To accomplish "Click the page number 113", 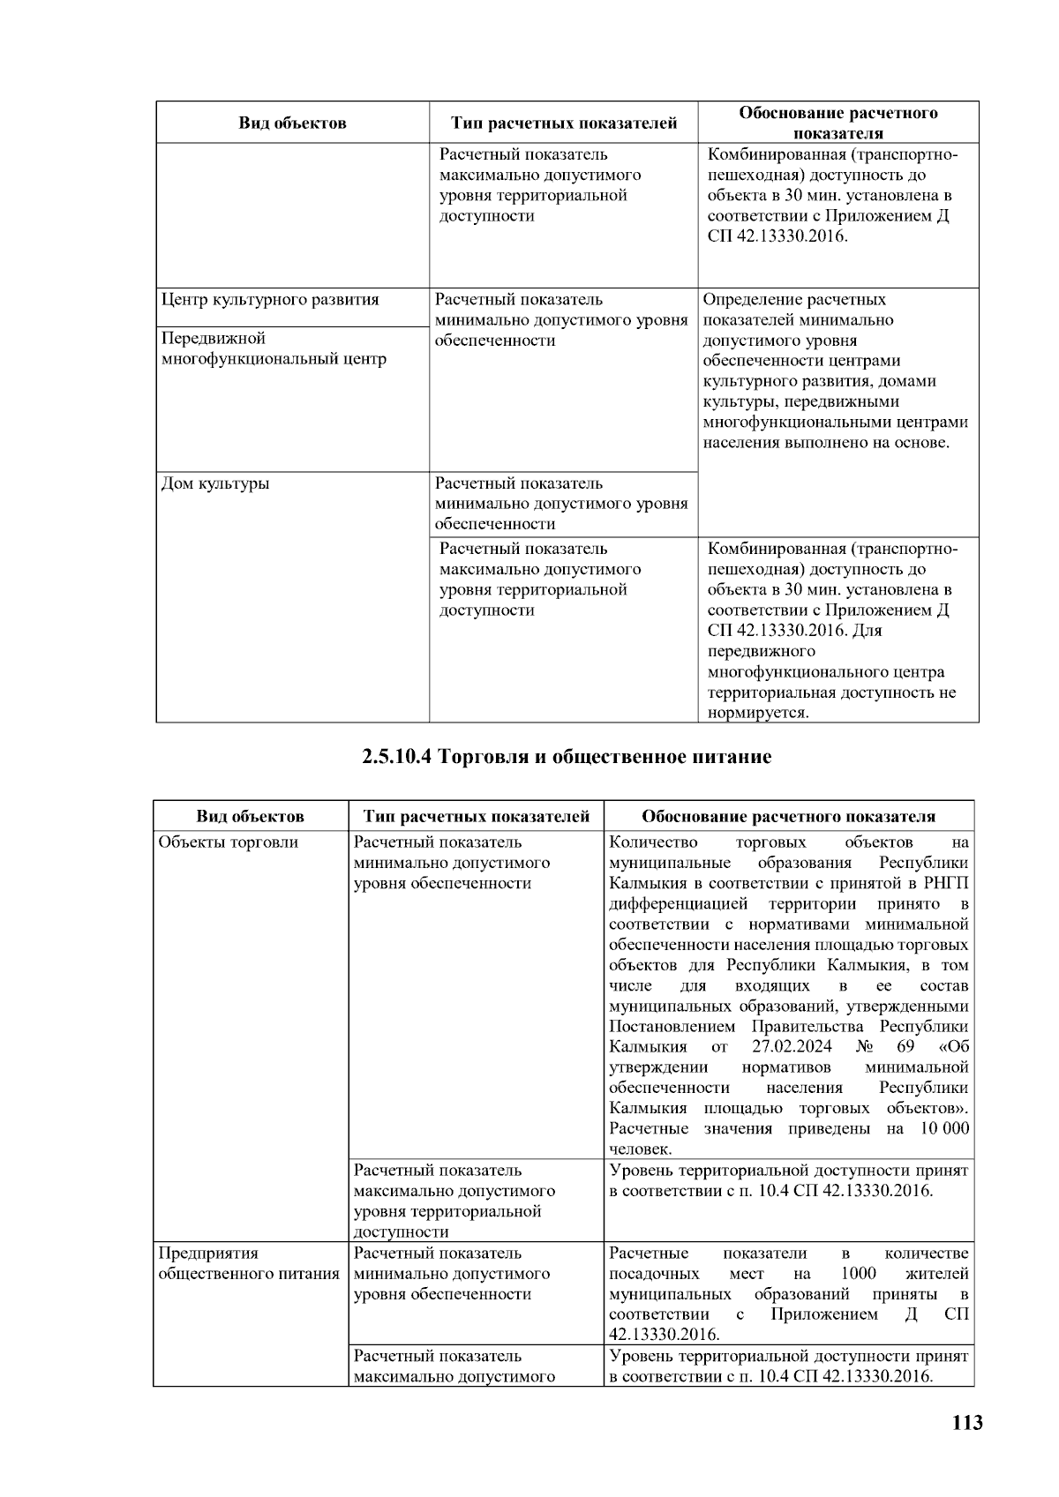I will click(x=967, y=1422).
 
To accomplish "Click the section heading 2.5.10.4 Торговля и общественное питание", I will click(x=567, y=757).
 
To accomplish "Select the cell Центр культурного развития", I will click(x=270, y=300).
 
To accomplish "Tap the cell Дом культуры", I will click(x=215, y=483).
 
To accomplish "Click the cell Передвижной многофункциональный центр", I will click(x=274, y=349).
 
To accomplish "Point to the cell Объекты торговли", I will click(x=228, y=842).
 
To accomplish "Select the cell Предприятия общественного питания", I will click(x=248, y=1263).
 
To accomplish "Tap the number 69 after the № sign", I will click(x=905, y=1047).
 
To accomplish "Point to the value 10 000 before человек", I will click(x=944, y=1129).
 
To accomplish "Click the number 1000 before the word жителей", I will click(x=858, y=1274).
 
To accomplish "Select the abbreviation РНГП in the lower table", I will click(x=945, y=884).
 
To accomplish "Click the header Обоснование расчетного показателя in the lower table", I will click(x=788, y=817).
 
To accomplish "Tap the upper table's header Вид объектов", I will click(x=292, y=124).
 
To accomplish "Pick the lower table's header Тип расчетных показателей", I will click(x=477, y=817).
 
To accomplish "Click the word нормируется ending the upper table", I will click(x=757, y=713).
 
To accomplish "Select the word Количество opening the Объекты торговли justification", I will click(x=653, y=842).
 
